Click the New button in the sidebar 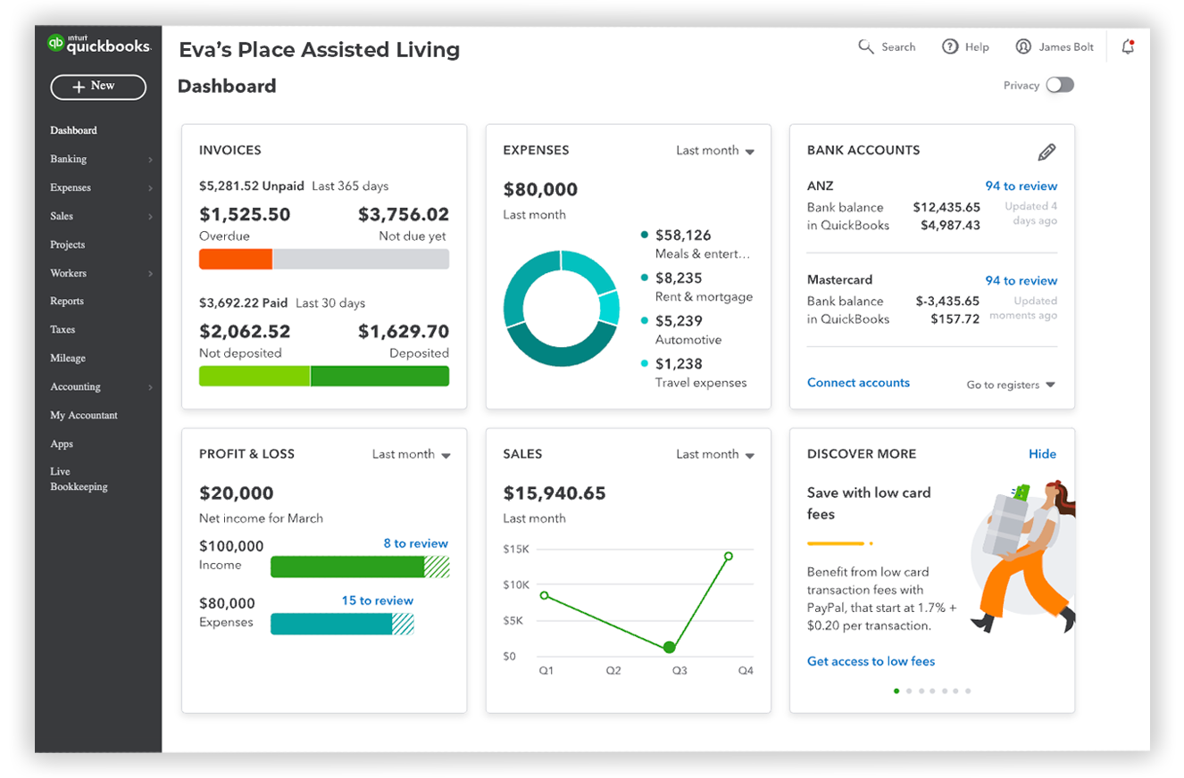(x=98, y=87)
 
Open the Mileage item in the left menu (x=68, y=359)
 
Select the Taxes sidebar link (x=63, y=330)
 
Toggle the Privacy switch (x=1060, y=85)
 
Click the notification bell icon (x=1128, y=47)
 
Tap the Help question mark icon (x=950, y=47)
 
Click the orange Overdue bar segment (x=236, y=260)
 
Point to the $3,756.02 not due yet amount (x=403, y=215)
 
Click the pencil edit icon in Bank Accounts (x=1046, y=153)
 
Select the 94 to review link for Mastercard (x=1021, y=281)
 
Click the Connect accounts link (x=858, y=383)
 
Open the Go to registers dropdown (x=1011, y=385)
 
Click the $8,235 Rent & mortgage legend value (x=679, y=278)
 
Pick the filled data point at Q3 (x=669, y=647)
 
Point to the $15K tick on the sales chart (x=516, y=550)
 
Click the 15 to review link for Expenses (x=377, y=601)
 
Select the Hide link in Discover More (x=1042, y=454)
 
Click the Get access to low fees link (x=871, y=662)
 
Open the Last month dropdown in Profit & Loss (x=411, y=455)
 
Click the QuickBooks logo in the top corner (x=99, y=45)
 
